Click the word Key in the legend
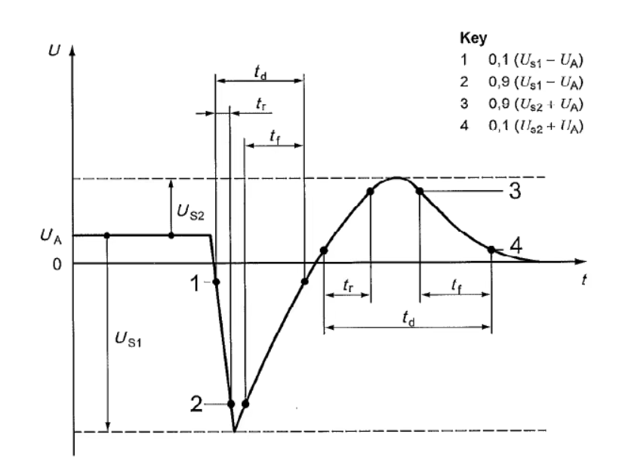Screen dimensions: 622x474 point(473,38)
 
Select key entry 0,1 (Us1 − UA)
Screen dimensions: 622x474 point(535,60)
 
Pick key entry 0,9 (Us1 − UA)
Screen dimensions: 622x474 point(535,82)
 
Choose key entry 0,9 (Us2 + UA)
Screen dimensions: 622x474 point(535,104)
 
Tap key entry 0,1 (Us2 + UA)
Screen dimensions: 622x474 point(535,126)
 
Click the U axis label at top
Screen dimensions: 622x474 point(54,51)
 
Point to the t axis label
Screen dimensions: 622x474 point(584,279)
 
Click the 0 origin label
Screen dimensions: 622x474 point(57,264)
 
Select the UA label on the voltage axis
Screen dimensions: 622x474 point(51,236)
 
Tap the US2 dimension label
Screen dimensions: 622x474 point(190,212)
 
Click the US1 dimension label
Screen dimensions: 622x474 point(128,340)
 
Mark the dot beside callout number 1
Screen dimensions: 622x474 point(216,282)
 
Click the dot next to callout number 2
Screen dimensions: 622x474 point(231,405)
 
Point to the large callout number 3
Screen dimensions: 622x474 point(515,191)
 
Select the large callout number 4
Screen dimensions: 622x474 point(516,246)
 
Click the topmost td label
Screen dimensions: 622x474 point(260,72)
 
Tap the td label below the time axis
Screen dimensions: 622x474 point(408,318)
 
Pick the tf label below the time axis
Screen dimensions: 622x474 point(457,285)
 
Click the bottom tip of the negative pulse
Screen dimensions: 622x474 point(235,431)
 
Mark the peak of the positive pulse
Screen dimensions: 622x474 point(397,177)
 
